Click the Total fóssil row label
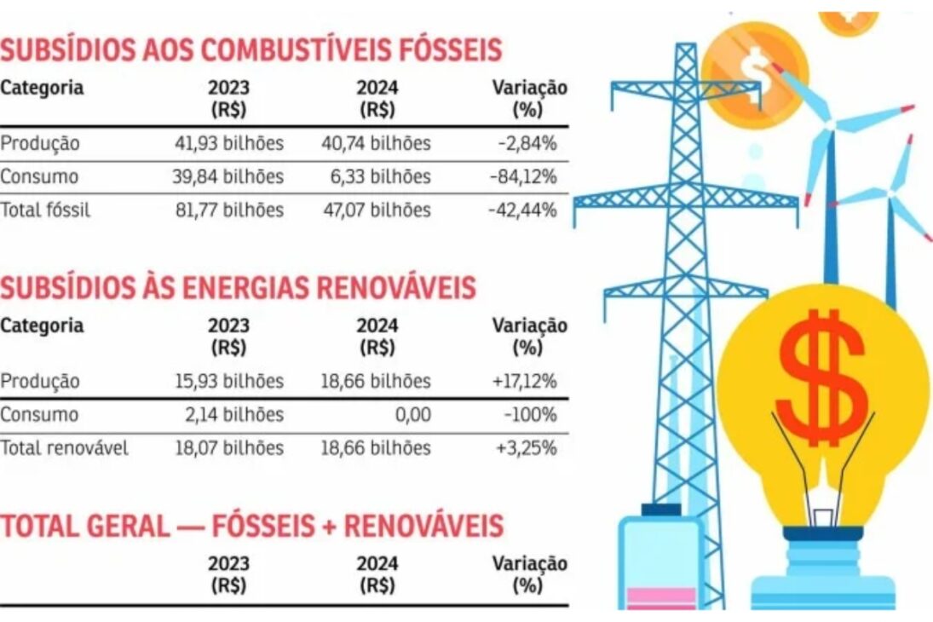tap(45, 210)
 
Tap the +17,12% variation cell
tap(525, 382)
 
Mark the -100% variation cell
tap(532, 415)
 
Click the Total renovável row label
tap(64, 448)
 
